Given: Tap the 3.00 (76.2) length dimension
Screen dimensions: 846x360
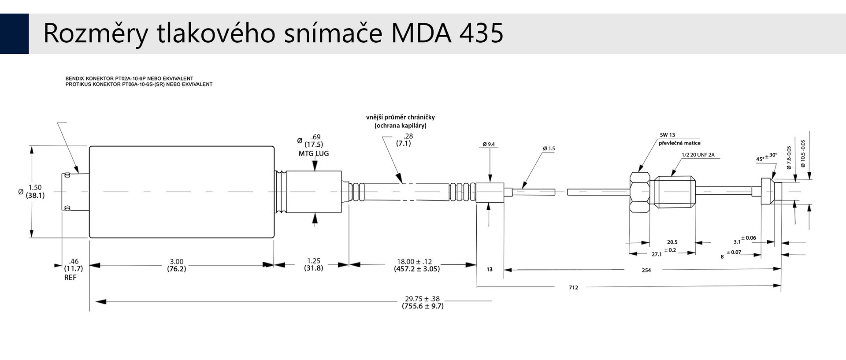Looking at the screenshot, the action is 176,265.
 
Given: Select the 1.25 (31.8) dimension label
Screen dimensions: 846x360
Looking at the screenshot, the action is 313,264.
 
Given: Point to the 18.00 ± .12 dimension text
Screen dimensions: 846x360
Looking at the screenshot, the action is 415,261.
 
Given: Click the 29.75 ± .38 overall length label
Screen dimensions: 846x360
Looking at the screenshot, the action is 422,299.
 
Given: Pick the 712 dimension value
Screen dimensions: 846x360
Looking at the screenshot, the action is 573,288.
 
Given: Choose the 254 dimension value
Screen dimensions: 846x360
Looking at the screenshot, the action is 646,270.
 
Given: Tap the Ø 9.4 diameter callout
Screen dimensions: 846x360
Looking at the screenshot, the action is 489,144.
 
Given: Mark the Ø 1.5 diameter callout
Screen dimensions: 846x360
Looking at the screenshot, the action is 549,148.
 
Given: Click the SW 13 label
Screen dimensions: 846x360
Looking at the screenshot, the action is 668,135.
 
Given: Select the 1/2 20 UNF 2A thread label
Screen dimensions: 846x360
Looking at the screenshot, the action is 698,155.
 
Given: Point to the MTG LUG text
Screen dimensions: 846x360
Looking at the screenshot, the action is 314,154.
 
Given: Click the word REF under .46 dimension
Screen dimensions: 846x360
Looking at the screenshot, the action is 70,278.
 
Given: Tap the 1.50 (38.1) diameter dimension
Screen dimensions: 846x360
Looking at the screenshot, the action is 35,192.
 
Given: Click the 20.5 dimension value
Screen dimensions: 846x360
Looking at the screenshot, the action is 672,242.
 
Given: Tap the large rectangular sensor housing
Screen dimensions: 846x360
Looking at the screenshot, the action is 182,192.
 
